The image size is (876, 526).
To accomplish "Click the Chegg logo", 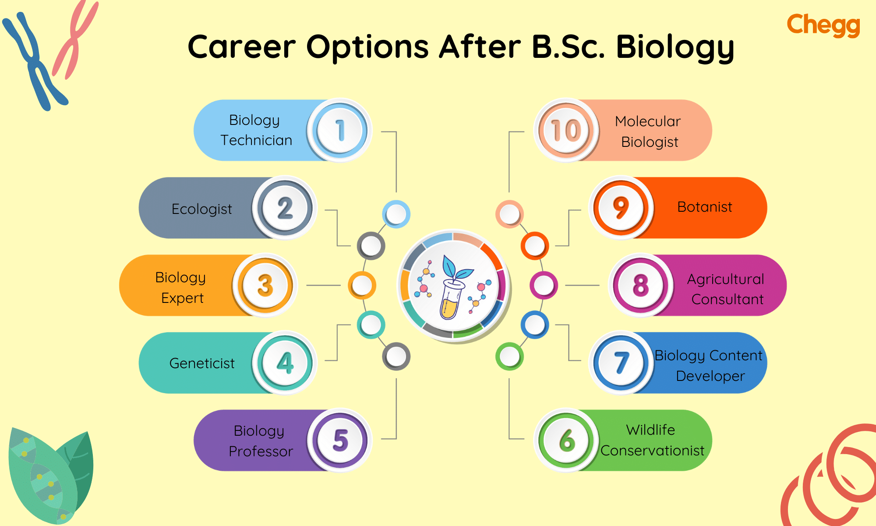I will click(823, 25).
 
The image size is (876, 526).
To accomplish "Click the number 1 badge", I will click(340, 130).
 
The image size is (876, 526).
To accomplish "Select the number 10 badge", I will click(566, 130).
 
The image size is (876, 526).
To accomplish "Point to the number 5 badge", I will click(340, 440).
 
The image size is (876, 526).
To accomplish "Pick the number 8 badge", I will click(640, 285).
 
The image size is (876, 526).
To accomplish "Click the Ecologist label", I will click(201, 209).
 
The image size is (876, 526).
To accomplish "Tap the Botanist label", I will click(704, 207).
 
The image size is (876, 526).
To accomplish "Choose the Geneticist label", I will click(201, 363).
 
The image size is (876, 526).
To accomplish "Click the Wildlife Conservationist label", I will click(652, 440).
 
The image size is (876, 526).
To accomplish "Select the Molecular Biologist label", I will click(648, 131).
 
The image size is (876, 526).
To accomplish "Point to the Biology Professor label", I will click(260, 441).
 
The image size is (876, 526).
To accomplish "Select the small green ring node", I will click(509, 356).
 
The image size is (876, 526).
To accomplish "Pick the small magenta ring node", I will click(544, 285).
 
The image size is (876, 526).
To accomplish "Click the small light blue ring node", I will click(396, 214).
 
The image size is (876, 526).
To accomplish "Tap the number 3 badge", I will click(265, 285).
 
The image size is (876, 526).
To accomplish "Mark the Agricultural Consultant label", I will click(726, 289).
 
